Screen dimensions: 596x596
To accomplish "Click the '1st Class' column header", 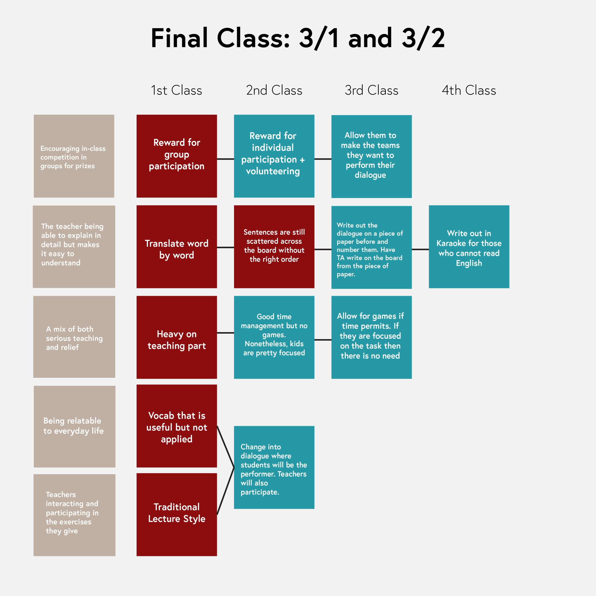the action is (x=176, y=90).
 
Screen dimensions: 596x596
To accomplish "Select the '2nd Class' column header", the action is (x=274, y=90).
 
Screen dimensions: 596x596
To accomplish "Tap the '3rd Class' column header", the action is (x=371, y=90).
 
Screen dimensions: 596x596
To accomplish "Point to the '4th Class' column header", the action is (x=469, y=90).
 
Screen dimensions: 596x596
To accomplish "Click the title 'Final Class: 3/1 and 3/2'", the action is (x=298, y=38).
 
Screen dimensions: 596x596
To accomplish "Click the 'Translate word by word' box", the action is (x=176, y=247).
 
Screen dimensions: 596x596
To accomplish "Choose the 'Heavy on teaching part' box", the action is (x=176, y=337).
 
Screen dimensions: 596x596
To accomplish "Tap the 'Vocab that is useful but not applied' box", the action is (x=176, y=426).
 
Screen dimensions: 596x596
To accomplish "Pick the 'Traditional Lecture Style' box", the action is (x=176, y=514).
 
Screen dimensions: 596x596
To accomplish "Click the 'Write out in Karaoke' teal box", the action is (x=469, y=247).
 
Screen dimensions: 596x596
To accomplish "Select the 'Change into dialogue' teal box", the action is (x=274, y=467).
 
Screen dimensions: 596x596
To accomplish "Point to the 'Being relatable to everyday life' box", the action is (x=74, y=426).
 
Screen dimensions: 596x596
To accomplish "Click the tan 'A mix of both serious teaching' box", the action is (x=74, y=337).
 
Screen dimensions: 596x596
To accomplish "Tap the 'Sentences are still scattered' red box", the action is (x=274, y=247).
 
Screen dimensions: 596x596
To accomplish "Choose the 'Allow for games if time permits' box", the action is (x=371, y=337).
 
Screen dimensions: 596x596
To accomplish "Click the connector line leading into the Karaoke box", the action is (x=420, y=249).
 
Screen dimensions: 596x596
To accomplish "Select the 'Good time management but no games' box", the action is (x=274, y=337).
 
